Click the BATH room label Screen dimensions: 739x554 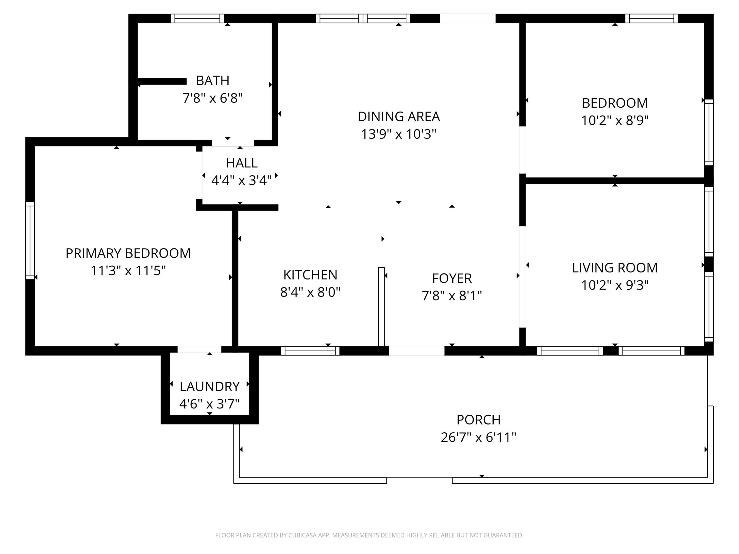click(x=213, y=81)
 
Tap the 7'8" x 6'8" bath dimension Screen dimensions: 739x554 click(x=213, y=98)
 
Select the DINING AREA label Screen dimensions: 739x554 click(x=399, y=116)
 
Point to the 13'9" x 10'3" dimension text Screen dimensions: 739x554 click(x=399, y=134)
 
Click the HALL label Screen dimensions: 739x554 click(x=242, y=163)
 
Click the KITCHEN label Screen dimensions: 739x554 click(x=310, y=275)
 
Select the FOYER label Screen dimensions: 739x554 click(x=452, y=278)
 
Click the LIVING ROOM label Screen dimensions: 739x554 click(x=615, y=268)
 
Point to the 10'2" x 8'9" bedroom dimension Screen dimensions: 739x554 click(x=615, y=120)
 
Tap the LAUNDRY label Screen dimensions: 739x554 click(x=209, y=387)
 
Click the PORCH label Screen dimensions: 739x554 click(x=478, y=420)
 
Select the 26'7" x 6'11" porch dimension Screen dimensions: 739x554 click(x=478, y=437)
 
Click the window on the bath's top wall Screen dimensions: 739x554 click(x=197, y=18)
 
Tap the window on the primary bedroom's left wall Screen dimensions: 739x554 click(x=30, y=240)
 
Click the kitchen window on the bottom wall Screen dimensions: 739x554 click(x=310, y=351)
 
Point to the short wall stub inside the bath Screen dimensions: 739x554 click(x=162, y=81)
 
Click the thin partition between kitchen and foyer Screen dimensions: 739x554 click(x=381, y=307)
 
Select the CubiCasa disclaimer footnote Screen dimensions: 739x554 click(x=369, y=535)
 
